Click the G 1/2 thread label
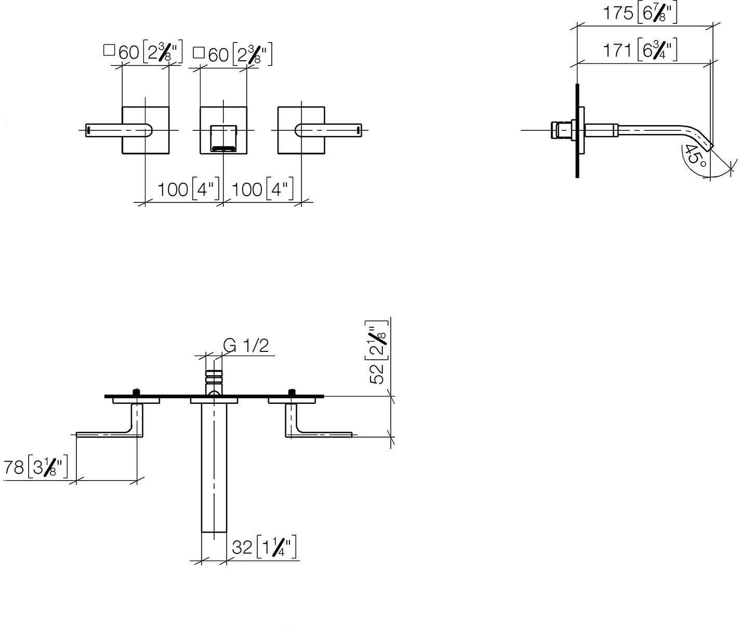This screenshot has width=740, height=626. [246, 346]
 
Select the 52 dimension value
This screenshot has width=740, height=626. [377, 374]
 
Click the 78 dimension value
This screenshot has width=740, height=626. [14, 467]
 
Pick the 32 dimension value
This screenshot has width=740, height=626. [242, 547]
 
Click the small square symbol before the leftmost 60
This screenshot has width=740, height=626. [109, 50]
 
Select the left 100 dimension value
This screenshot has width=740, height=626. [173, 189]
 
